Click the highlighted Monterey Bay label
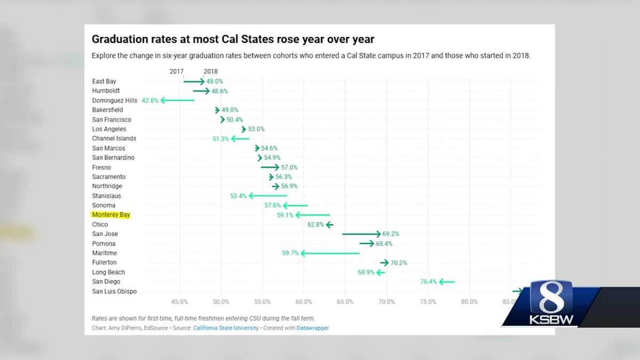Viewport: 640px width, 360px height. [111, 215]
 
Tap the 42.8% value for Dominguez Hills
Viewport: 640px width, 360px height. [150, 100]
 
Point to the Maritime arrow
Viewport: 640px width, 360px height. [330, 253]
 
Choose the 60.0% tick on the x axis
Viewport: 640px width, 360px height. [303, 302]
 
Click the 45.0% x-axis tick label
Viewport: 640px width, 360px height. [180, 302]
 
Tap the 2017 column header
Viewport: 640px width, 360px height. [177, 71]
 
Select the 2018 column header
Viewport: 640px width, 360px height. [210, 71]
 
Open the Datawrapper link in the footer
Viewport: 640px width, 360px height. [313, 328]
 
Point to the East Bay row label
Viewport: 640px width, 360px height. [104, 82]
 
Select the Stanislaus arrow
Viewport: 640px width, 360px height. [268, 196]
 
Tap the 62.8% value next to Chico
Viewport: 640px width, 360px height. [316, 225]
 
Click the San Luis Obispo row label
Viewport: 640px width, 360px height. [114, 291]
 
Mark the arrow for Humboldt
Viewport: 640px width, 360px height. [201, 91]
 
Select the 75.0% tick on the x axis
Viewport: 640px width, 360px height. [428, 302]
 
